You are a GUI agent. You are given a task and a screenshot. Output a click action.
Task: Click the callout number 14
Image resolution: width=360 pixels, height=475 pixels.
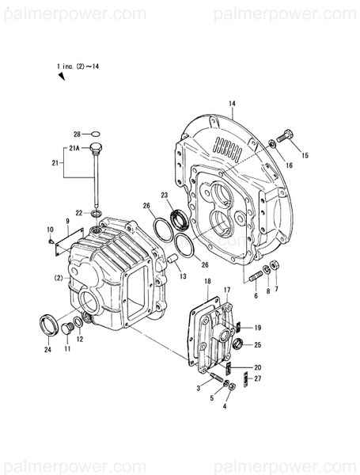click(x=232, y=104)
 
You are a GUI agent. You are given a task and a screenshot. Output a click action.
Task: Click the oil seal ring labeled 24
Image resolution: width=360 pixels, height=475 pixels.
click(x=48, y=323)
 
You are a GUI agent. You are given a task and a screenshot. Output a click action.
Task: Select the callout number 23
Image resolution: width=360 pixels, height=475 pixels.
click(x=165, y=195)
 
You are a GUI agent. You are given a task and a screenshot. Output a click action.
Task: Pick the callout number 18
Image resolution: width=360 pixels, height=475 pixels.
click(x=207, y=282)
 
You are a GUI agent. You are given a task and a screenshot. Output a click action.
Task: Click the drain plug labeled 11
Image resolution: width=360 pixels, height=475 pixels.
click(x=67, y=329)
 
